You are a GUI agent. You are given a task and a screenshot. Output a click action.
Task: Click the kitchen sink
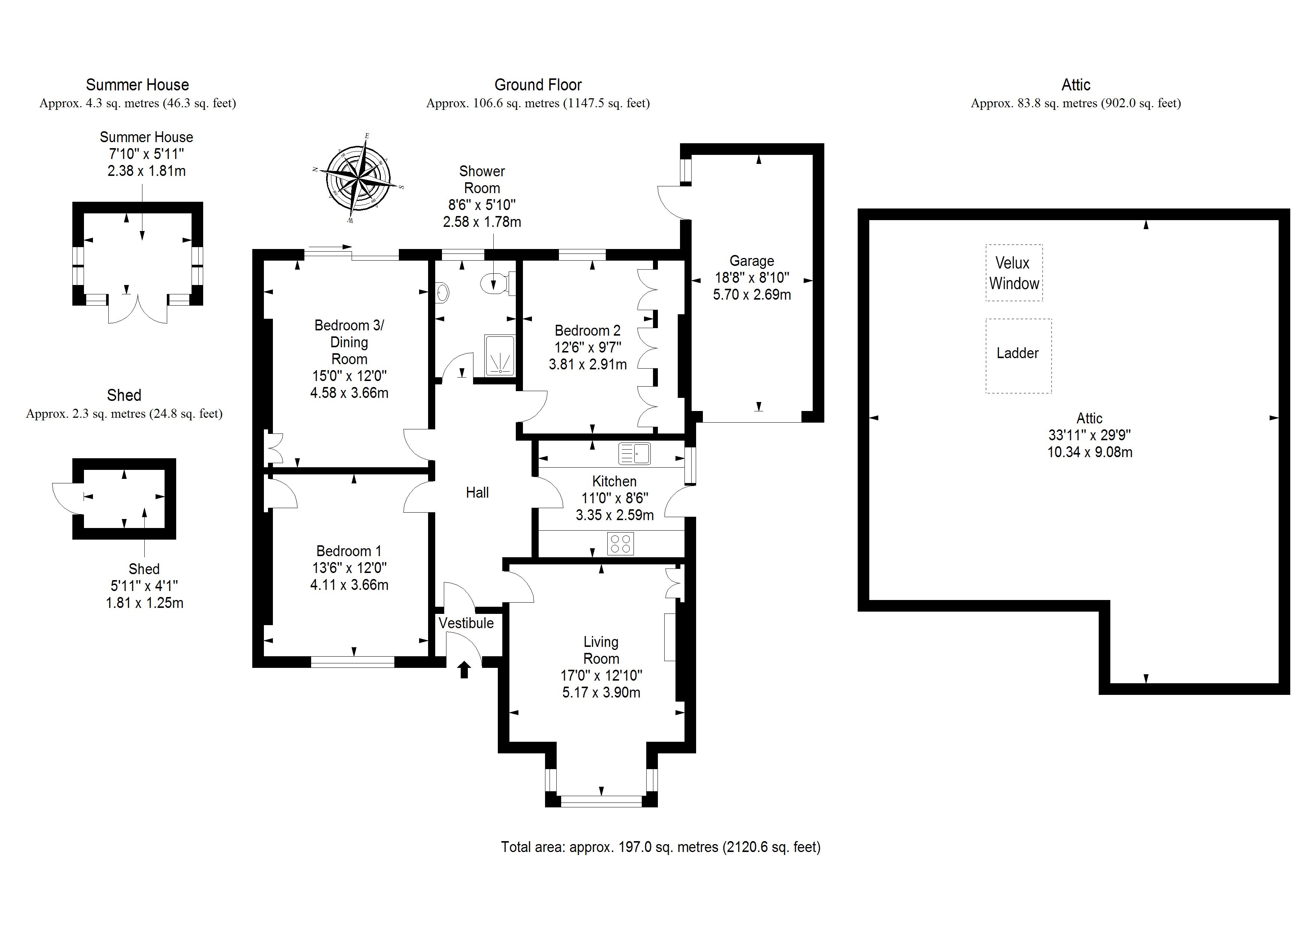[x=635, y=454]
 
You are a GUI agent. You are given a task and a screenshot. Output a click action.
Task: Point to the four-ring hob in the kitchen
[x=620, y=544]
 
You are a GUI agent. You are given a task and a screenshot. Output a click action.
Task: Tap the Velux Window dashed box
[x=1014, y=273]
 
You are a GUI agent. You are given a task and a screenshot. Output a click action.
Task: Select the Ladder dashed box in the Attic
[x=1018, y=356]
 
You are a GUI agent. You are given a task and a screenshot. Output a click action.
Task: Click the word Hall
[x=477, y=493]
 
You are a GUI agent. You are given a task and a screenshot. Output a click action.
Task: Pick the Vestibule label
[x=466, y=623]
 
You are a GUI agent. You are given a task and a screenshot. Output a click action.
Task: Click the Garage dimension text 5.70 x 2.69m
[x=752, y=294]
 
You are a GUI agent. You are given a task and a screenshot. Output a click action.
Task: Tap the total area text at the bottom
[x=661, y=847]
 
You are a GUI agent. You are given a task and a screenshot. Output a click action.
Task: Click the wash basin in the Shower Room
[x=443, y=293]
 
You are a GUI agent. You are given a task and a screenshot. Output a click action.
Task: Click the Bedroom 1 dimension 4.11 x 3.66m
[x=349, y=585]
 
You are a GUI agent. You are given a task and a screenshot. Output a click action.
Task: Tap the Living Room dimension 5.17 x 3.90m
[x=601, y=692]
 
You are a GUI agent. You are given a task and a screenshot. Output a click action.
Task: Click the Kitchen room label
[x=614, y=481]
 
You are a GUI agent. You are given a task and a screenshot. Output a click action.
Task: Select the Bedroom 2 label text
[x=588, y=331]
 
